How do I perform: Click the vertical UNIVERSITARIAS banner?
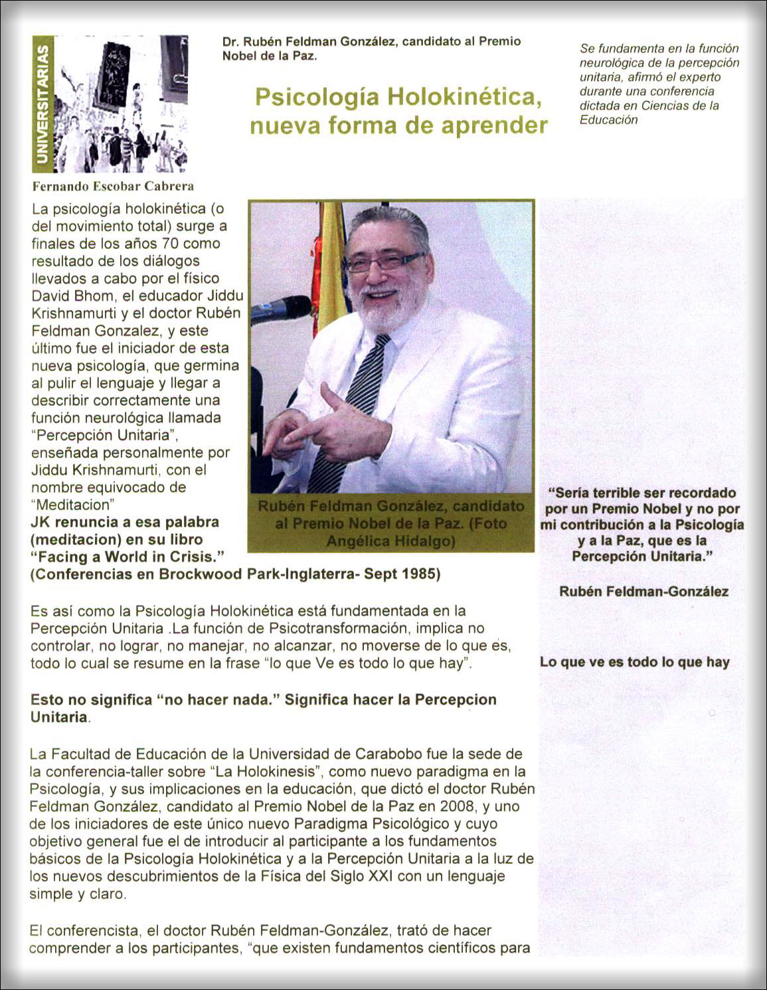click(x=42, y=104)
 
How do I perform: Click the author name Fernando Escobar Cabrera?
click(x=113, y=187)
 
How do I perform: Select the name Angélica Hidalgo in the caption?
click(x=390, y=542)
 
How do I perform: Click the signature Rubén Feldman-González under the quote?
click(x=643, y=592)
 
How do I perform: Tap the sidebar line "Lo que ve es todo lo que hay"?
click(x=634, y=662)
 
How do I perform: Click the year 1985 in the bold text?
click(x=421, y=574)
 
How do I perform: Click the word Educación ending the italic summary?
click(x=608, y=120)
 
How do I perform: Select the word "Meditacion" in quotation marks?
click(x=75, y=505)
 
